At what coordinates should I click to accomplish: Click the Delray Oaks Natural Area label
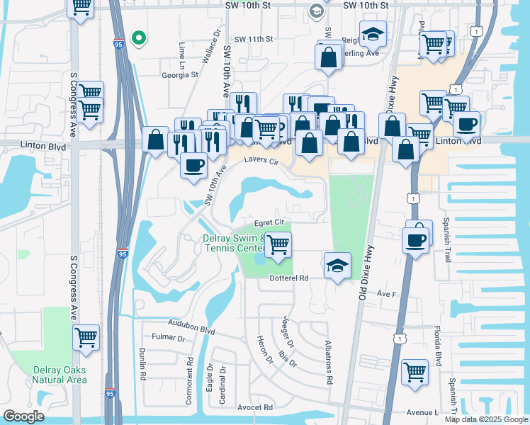click(x=60, y=374)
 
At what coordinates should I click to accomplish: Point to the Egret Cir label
click(x=269, y=222)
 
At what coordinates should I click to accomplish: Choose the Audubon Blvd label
click(x=191, y=329)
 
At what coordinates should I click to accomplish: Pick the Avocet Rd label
click(x=256, y=407)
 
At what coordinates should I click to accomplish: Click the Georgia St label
click(x=180, y=73)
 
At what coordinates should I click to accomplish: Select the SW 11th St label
click(x=254, y=39)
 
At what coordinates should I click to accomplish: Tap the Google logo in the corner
click(x=23, y=416)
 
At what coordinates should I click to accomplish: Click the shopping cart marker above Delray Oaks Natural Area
click(x=86, y=338)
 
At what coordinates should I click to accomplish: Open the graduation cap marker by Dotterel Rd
click(x=338, y=266)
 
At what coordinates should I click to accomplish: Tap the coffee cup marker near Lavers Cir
click(x=193, y=165)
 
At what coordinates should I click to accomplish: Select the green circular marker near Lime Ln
click(x=140, y=38)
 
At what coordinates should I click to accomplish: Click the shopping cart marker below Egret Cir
click(x=278, y=244)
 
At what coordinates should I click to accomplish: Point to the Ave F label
click(x=385, y=293)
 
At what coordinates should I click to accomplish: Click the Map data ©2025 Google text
click(x=485, y=419)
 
